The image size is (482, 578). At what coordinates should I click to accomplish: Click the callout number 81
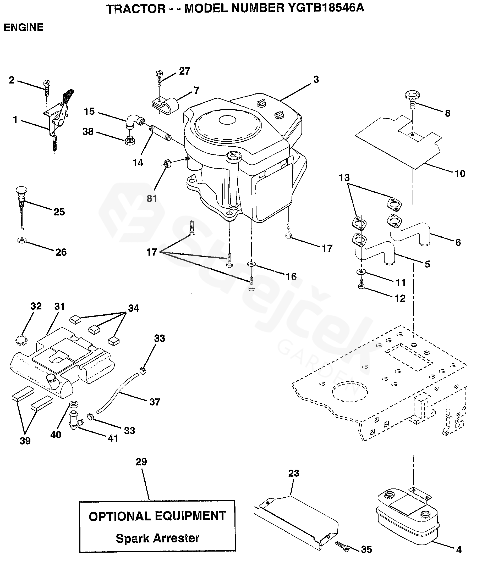[152, 198]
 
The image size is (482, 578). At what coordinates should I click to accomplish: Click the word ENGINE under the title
[23, 27]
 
